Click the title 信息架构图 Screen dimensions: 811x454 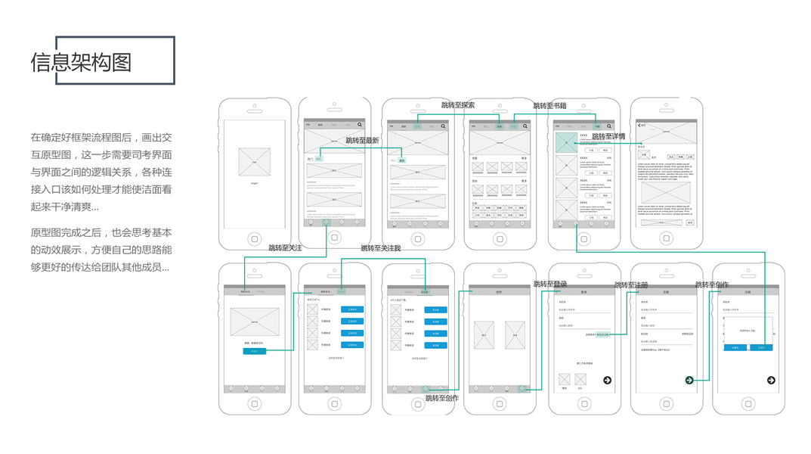point(81,61)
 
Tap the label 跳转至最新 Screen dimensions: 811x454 point(362,141)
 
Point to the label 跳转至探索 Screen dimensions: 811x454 point(458,105)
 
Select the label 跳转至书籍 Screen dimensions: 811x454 point(549,106)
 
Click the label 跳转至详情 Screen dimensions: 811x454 point(608,137)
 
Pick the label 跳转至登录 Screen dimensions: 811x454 point(550,285)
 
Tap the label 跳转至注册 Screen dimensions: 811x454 point(631,285)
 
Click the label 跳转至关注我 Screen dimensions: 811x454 point(380,248)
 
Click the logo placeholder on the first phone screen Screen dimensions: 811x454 point(254,162)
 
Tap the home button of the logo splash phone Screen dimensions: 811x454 point(254,238)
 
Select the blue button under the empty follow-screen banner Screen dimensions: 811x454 point(254,351)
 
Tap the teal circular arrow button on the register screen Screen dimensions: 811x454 point(689,380)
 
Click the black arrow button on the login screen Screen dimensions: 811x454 point(607,380)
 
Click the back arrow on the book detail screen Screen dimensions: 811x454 point(639,126)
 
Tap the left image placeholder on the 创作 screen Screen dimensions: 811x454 point(484,335)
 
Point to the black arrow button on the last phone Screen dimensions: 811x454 point(771,380)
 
